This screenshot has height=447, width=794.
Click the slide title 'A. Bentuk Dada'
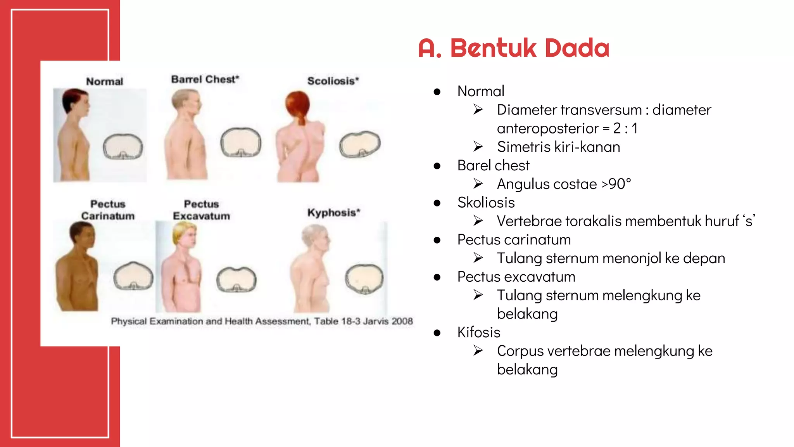[514, 48]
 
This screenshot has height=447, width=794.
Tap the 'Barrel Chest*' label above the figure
[205, 79]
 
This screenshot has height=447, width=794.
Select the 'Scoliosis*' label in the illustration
[333, 81]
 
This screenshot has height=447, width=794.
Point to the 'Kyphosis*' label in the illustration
[333, 213]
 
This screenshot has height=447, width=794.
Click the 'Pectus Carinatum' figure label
[108, 210]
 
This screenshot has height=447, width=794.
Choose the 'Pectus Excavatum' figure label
[201, 210]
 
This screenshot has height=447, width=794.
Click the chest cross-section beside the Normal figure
[123, 147]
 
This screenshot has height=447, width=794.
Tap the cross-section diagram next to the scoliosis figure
[360, 144]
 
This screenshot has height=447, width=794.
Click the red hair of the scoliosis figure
[298, 104]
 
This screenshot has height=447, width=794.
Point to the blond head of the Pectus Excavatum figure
[185, 232]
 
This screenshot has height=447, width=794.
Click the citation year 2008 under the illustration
[402, 321]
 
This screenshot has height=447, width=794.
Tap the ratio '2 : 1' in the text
[625, 128]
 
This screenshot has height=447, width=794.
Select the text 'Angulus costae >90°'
[564, 184]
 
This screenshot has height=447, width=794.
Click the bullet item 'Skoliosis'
[486, 203]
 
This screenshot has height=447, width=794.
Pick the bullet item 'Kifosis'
[479, 333]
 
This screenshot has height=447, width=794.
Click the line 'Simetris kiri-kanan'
[558, 147]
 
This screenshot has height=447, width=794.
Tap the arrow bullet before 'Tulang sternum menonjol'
[478, 258]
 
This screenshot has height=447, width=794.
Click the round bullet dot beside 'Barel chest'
[437, 166]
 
